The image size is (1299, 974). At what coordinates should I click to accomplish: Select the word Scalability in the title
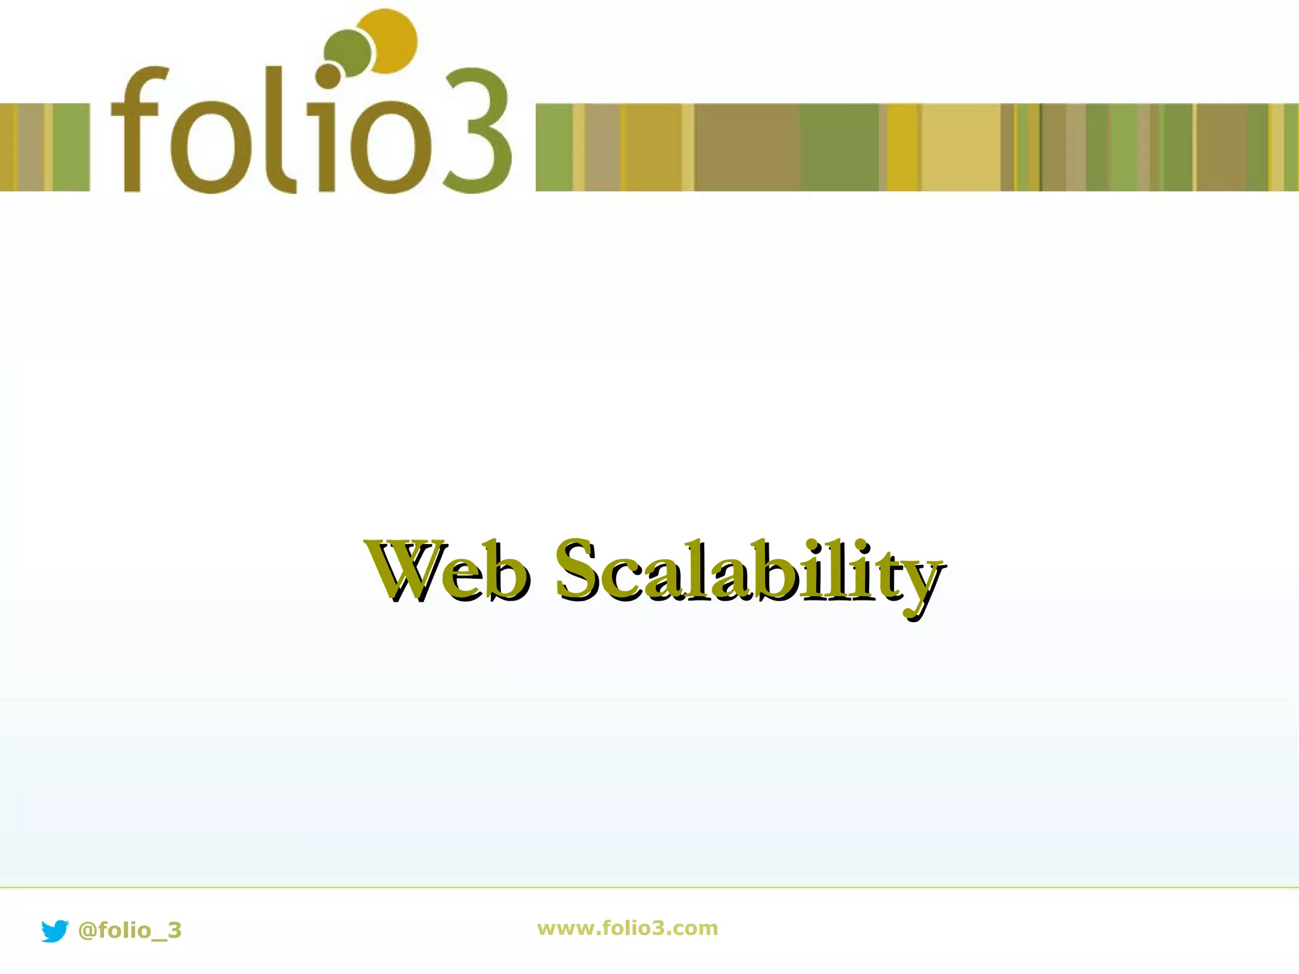click(x=748, y=571)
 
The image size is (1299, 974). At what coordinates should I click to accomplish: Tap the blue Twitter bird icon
click(x=55, y=930)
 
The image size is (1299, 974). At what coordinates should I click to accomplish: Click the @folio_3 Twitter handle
click(x=129, y=930)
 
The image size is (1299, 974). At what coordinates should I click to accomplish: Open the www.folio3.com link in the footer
click(x=627, y=928)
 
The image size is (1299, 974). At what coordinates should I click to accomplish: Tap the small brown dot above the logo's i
click(x=328, y=76)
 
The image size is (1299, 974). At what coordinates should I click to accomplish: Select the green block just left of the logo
click(x=71, y=147)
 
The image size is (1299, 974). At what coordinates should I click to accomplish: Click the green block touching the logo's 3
click(x=554, y=147)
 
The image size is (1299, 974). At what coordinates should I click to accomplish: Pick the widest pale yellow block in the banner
click(x=960, y=147)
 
